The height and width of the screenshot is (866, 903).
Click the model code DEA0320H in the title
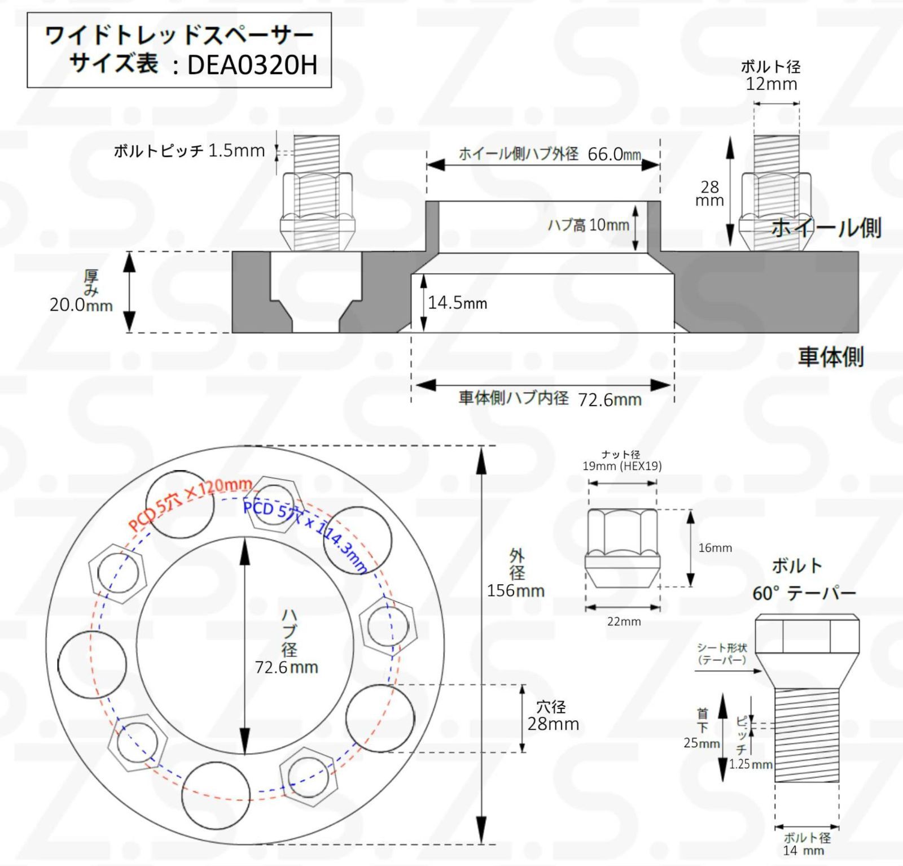click(252, 65)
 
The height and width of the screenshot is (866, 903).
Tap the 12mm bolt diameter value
click(771, 85)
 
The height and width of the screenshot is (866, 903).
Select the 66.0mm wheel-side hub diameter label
click(614, 154)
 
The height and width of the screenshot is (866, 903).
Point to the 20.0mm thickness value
click(81, 305)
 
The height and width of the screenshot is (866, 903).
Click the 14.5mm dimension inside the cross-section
click(457, 303)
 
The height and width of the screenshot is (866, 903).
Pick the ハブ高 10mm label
click(588, 225)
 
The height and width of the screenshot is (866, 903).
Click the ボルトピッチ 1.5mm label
click(189, 151)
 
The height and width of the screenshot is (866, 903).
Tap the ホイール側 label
click(826, 228)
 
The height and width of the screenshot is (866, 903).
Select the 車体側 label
click(830, 357)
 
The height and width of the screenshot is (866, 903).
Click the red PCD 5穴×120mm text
click(189, 502)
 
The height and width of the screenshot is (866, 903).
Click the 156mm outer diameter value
click(515, 591)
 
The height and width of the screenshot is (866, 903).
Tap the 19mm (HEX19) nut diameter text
click(622, 466)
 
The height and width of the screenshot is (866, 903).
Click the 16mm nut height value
click(714, 547)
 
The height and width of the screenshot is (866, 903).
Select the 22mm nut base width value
click(624, 621)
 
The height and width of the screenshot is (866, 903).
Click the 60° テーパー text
click(804, 593)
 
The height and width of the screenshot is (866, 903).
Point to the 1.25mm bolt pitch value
click(750, 764)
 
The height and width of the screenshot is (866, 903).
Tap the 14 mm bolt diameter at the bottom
click(803, 850)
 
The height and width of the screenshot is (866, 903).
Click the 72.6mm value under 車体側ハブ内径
click(610, 400)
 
